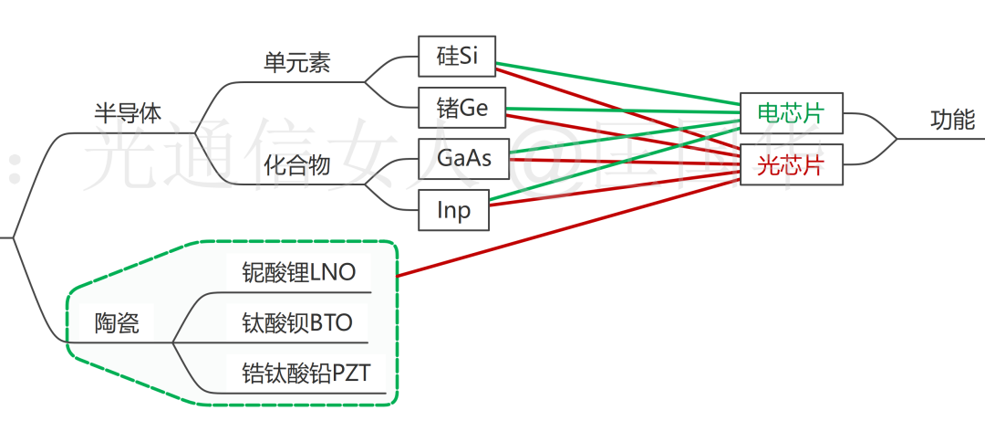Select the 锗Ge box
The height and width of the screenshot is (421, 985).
pyautogui.click(x=462, y=108)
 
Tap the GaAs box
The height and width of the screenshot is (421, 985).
pyautogui.click(x=464, y=159)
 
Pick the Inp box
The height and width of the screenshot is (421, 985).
pyautogui.click(x=453, y=211)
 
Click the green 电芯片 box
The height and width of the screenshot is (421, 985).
pyautogui.click(x=790, y=113)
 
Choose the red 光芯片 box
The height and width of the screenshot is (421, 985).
pyautogui.click(x=790, y=164)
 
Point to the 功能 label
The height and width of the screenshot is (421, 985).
pyautogui.click(x=952, y=120)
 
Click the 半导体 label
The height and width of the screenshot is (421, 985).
pyautogui.click(x=128, y=113)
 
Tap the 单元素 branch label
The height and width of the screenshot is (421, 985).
pyautogui.click(x=296, y=62)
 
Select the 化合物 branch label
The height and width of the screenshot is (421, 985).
pyautogui.click(x=296, y=165)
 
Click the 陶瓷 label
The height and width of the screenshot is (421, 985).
pyautogui.click(x=118, y=322)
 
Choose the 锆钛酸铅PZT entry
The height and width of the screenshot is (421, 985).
pyautogui.click(x=306, y=373)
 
